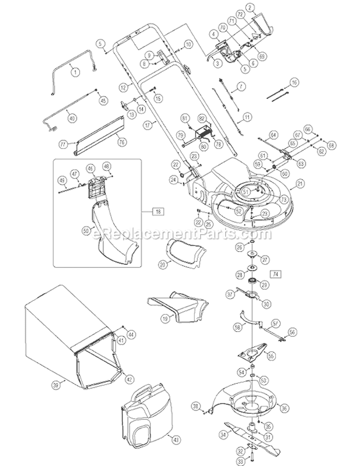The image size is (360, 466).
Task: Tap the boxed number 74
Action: click(x=275, y=274)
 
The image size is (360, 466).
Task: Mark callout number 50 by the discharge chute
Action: click(x=86, y=230)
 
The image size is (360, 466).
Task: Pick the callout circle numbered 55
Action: click(x=271, y=356)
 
